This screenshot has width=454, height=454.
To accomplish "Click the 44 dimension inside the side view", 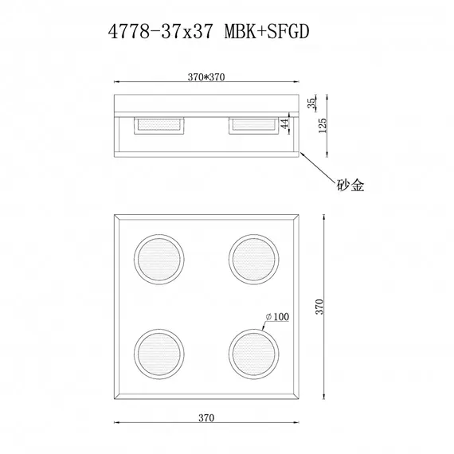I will point(284,124).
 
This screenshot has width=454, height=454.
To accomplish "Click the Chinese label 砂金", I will point(350,186).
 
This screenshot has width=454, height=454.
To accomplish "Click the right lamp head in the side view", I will point(253,125).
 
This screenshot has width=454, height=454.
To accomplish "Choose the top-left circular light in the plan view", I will point(158,258).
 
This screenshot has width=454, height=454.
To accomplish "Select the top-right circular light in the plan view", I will point(253,258).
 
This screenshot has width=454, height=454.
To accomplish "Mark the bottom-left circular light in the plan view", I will point(158,350).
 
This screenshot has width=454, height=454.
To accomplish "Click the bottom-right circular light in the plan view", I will point(253,350).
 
